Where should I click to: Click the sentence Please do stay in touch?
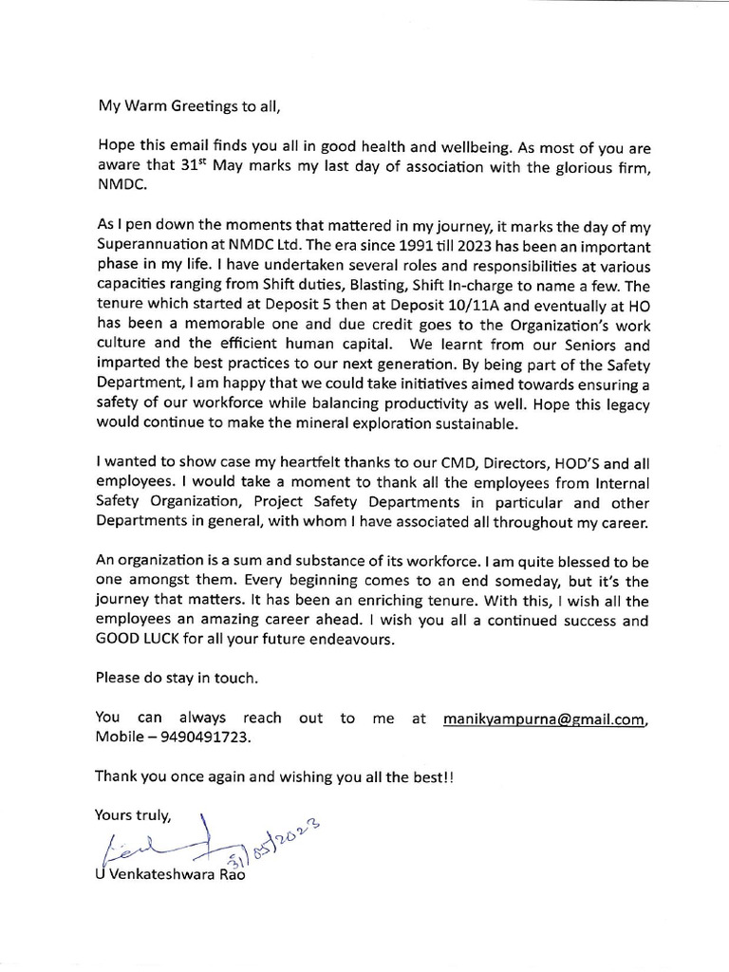[x=177, y=679]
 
